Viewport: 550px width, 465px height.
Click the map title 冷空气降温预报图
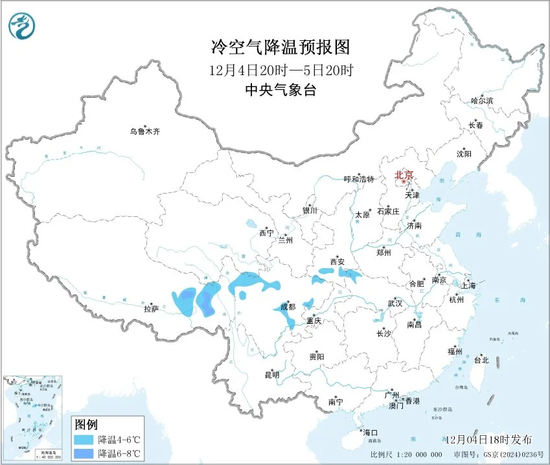point(281,47)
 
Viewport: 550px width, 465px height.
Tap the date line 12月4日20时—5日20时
point(281,69)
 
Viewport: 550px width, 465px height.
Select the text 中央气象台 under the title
point(281,90)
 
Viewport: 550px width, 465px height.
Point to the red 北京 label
point(404,175)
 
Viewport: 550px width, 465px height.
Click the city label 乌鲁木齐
point(144,131)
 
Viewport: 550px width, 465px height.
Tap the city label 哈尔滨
point(481,101)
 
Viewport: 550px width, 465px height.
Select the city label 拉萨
point(151,309)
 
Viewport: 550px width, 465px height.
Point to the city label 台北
point(481,360)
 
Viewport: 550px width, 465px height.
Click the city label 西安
point(338,262)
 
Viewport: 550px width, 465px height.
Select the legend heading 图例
point(86,425)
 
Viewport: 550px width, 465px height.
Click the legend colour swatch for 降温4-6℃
point(84,439)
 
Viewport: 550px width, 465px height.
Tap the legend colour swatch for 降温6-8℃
point(84,452)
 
